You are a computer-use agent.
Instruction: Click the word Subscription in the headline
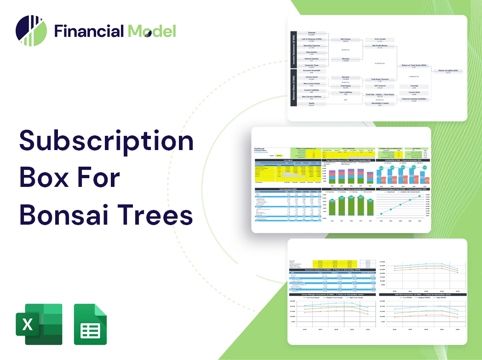coord(107,144)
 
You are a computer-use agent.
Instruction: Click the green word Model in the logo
coord(152,31)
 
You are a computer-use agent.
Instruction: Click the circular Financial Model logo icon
coord(31,31)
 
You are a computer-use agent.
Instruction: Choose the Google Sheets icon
coord(91,324)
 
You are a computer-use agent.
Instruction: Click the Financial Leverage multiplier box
coord(413,99)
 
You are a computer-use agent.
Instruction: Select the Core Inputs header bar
coord(288,160)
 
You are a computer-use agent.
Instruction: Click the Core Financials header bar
coord(288,189)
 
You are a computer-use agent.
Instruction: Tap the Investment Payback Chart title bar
coord(403,189)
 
